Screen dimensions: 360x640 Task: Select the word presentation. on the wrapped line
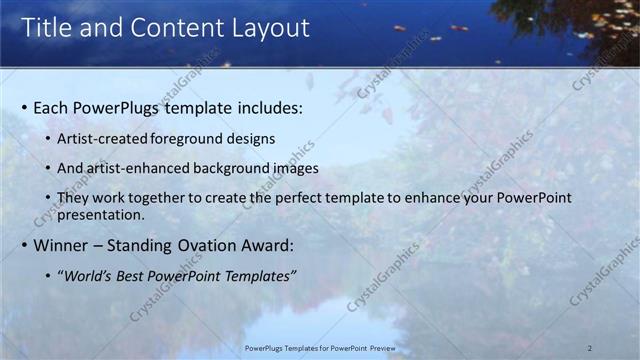101,214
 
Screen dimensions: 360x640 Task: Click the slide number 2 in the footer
590,347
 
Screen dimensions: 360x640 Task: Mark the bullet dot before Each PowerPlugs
24,106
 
